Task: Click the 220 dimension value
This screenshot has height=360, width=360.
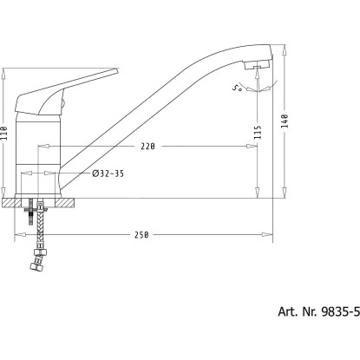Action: (x=147, y=147)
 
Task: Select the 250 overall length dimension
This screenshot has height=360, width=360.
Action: (x=141, y=234)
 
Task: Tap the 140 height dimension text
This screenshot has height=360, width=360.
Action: (x=285, y=121)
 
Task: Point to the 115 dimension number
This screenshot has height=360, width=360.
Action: (x=258, y=132)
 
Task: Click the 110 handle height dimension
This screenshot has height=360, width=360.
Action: (x=3, y=133)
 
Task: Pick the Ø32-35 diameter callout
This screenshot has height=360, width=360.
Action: (x=108, y=173)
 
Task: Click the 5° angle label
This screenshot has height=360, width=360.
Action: (x=237, y=88)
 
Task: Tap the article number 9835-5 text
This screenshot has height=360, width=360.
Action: (x=341, y=311)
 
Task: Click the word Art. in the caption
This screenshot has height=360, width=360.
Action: (x=288, y=311)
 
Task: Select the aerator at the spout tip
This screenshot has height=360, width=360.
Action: (x=257, y=65)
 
